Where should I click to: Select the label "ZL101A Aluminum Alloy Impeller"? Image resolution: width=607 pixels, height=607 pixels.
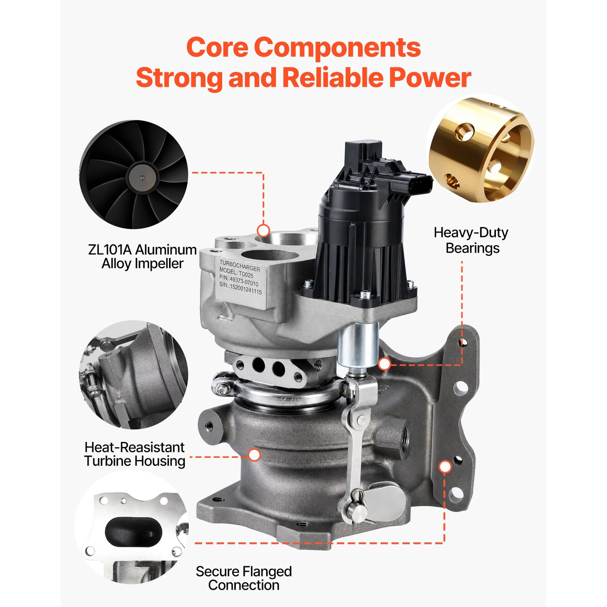pos(142,257)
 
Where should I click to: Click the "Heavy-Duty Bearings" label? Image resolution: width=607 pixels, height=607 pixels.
pos(471,240)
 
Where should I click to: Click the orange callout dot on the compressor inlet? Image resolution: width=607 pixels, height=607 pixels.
pos(263,231)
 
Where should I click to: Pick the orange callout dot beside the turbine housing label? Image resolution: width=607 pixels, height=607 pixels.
pos(255,455)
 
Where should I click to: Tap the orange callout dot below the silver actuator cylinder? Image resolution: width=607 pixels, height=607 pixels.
pos(385,364)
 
